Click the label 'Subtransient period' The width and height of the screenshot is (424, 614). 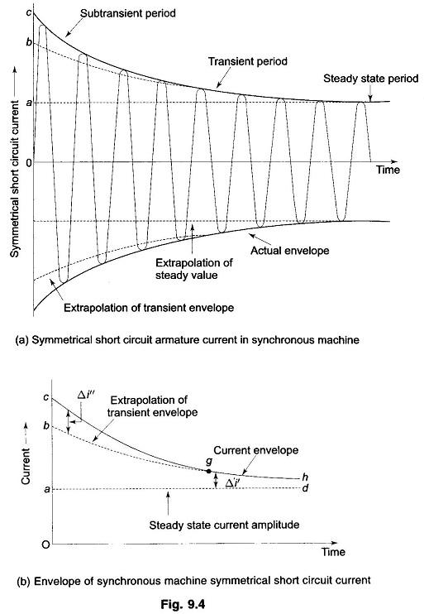[128, 14]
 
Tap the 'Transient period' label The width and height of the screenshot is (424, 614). [248, 62]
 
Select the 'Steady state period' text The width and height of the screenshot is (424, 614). [371, 79]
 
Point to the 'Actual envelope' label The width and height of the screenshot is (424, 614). [290, 251]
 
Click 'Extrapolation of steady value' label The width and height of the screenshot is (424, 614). [194, 269]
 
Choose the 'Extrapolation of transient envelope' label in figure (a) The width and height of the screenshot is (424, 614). [149, 308]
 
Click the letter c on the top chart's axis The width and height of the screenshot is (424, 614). [29, 12]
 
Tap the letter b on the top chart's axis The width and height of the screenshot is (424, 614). [29, 42]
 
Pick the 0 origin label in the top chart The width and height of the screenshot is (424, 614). [29, 162]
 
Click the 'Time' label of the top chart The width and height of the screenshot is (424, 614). [388, 170]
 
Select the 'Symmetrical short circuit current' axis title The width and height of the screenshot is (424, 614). [15, 179]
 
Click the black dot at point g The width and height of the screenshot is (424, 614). [208, 471]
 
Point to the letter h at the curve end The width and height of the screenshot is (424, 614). [305, 477]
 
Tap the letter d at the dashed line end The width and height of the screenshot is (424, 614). [305, 488]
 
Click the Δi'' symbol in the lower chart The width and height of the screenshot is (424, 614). [86, 396]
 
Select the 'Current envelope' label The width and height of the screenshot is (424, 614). [256, 451]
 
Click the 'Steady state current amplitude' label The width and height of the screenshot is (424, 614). [224, 525]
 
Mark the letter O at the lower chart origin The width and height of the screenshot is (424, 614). [45, 544]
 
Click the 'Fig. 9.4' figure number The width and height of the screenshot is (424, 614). [183, 604]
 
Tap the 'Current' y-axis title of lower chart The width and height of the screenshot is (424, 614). [26, 467]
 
